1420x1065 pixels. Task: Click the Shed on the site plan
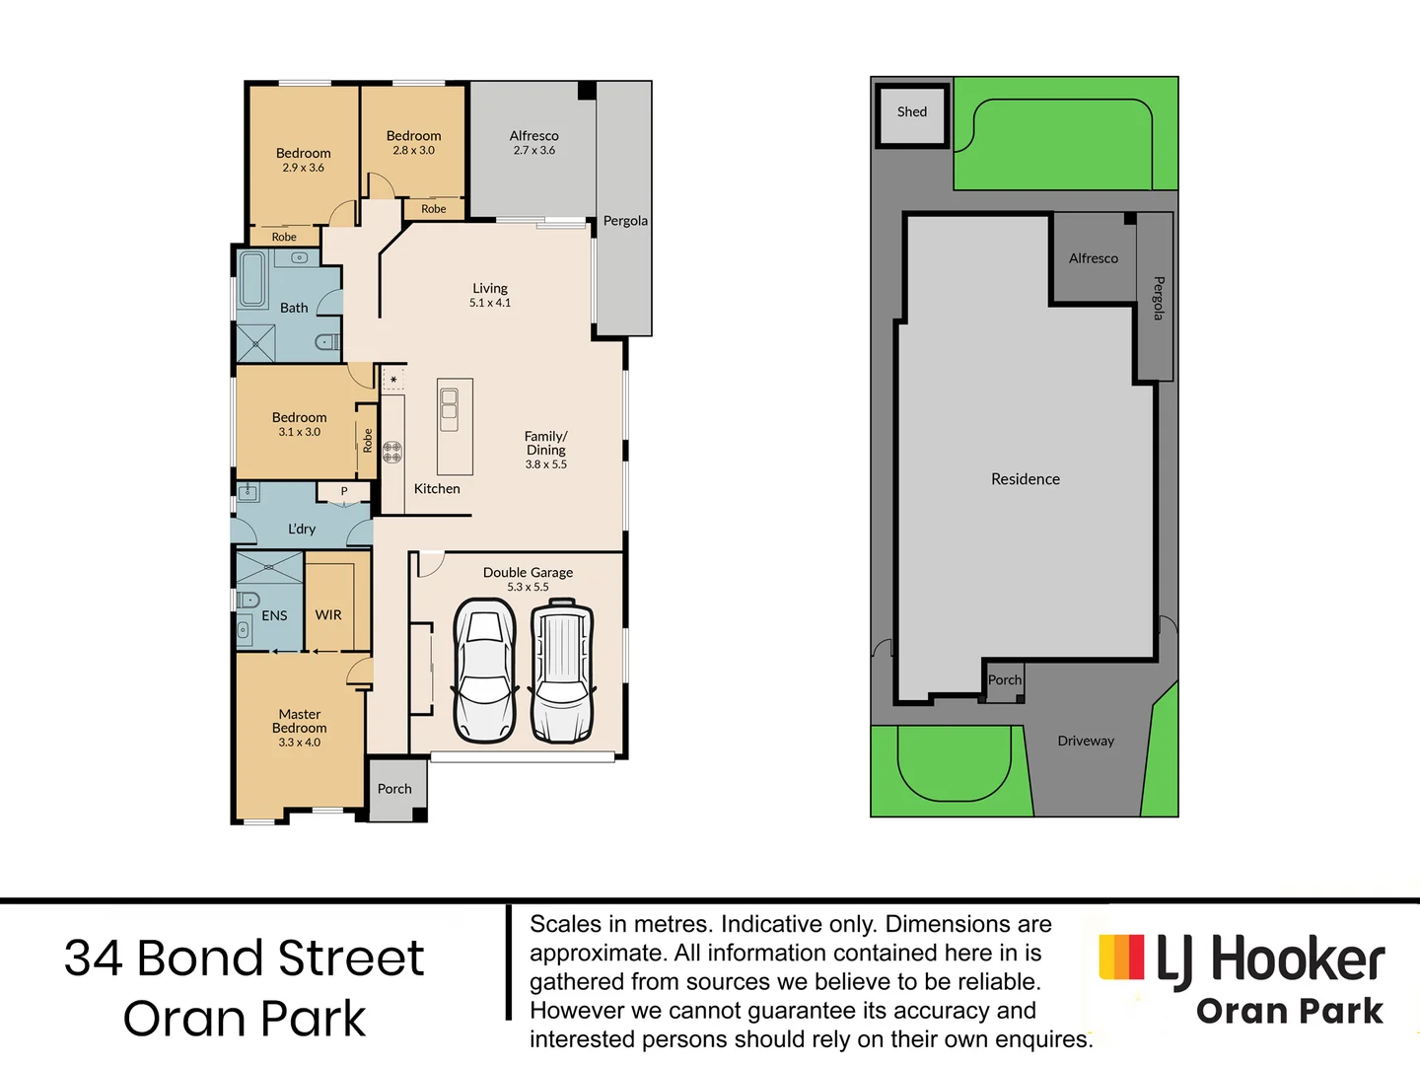pyautogui.click(x=912, y=113)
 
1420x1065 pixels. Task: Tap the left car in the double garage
pyautogui.click(x=484, y=674)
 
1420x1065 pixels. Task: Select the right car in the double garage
pyautogui.click(x=562, y=674)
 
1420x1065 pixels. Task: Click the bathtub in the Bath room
pyautogui.click(x=253, y=280)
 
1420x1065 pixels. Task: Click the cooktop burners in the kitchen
pyautogui.click(x=392, y=453)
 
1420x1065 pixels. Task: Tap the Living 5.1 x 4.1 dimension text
pyautogui.click(x=490, y=303)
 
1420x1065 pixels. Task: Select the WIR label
pyautogui.click(x=328, y=615)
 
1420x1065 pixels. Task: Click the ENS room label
pyautogui.click(x=274, y=615)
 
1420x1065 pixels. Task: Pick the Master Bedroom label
pyautogui.click(x=300, y=721)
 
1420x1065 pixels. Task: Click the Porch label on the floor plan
pyautogui.click(x=394, y=789)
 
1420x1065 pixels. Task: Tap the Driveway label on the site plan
pyautogui.click(x=1086, y=742)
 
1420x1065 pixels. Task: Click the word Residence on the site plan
pyautogui.click(x=1026, y=479)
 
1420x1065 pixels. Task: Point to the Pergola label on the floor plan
pyautogui.click(x=625, y=221)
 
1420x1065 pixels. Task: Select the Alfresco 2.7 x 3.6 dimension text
pyautogui.click(x=534, y=151)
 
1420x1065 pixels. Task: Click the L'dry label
pyautogui.click(x=302, y=530)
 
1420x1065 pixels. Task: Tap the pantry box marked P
pyautogui.click(x=344, y=491)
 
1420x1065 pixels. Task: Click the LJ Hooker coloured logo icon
pyautogui.click(x=1122, y=957)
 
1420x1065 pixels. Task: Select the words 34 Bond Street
pyautogui.click(x=245, y=958)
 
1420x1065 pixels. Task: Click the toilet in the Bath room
pyautogui.click(x=326, y=342)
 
